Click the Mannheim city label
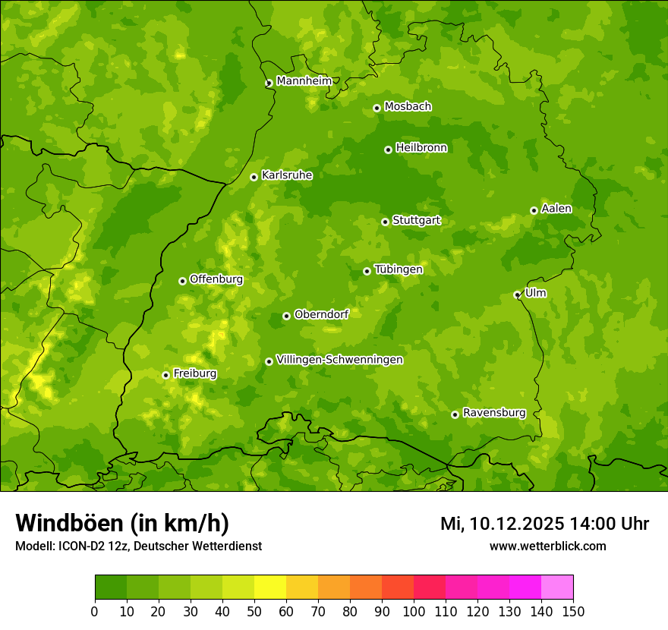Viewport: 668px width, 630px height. tap(304, 81)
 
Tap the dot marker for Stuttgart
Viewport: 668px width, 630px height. tap(385, 222)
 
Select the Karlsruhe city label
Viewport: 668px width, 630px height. tap(286, 175)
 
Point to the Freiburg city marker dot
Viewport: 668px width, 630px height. tap(165, 375)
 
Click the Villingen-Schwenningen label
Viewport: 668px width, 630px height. tap(339, 360)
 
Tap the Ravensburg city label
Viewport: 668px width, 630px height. tap(493, 413)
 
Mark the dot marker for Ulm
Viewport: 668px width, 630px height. tap(517, 295)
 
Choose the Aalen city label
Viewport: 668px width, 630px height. tap(556, 209)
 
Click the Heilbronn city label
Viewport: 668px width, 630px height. tap(421, 148)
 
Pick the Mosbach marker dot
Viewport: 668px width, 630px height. tap(377, 108)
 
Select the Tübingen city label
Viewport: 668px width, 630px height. tap(398, 269)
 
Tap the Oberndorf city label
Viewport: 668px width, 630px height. tap(321, 314)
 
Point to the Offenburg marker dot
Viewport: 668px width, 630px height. tap(182, 281)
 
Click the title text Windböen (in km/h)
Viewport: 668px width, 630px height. tap(122, 523)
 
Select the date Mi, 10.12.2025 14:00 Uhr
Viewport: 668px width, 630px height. tap(544, 524)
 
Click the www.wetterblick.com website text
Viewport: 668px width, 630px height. tap(547, 546)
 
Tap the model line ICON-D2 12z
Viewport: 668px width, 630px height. tap(138, 546)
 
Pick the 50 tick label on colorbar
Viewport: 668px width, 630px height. tap(254, 611)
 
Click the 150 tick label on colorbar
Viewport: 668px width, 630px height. tap(573, 611)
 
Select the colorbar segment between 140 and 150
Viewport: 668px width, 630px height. tap(557, 587)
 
